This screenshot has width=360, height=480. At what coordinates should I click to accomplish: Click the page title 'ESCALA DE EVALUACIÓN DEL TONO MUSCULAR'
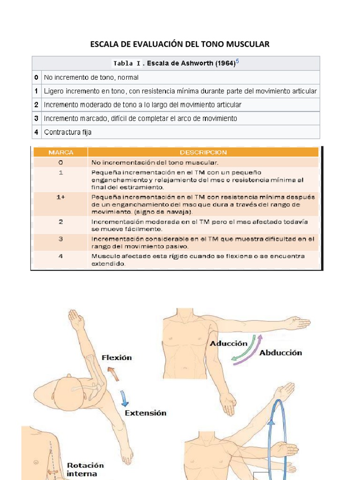[x=180, y=45]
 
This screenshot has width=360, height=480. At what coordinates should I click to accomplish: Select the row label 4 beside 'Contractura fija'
[x=36, y=132]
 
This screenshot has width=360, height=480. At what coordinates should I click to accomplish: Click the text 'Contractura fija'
[x=67, y=132]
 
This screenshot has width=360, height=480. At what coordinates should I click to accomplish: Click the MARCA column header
[x=60, y=152]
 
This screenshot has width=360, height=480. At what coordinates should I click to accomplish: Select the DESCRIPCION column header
[x=203, y=152]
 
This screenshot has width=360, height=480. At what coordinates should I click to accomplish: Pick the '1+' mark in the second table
[x=60, y=198]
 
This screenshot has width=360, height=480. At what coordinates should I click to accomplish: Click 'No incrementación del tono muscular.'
[x=155, y=163]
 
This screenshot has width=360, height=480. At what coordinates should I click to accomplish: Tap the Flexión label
[x=117, y=358]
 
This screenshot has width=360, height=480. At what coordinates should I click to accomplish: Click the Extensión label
[x=145, y=413]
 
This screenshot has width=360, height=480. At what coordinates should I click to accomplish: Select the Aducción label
[x=228, y=344]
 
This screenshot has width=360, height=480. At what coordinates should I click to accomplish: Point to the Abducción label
[x=280, y=353]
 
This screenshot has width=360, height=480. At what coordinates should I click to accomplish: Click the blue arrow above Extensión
[x=124, y=397]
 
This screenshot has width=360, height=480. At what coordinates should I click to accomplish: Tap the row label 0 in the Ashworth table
[x=36, y=77]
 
